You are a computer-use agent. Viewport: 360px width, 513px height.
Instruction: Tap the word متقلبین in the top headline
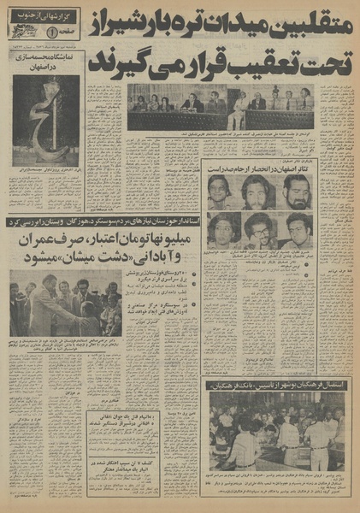click(307, 19)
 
